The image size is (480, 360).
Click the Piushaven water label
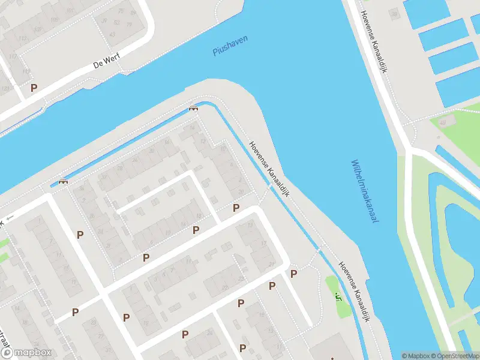click(230, 46)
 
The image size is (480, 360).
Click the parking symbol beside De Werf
click(34, 88)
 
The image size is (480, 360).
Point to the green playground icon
click(338, 296)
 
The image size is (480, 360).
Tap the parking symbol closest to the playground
click(294, 274)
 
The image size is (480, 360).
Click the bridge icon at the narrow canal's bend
click(193, 108)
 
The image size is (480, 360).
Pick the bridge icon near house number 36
click(62, 181)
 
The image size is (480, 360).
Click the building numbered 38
click(394, 14)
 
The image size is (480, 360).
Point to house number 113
click(23, 40)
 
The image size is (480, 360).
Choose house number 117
click(13, 57)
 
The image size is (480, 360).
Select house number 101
click(55, 19)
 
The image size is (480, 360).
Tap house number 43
click(116, 23)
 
